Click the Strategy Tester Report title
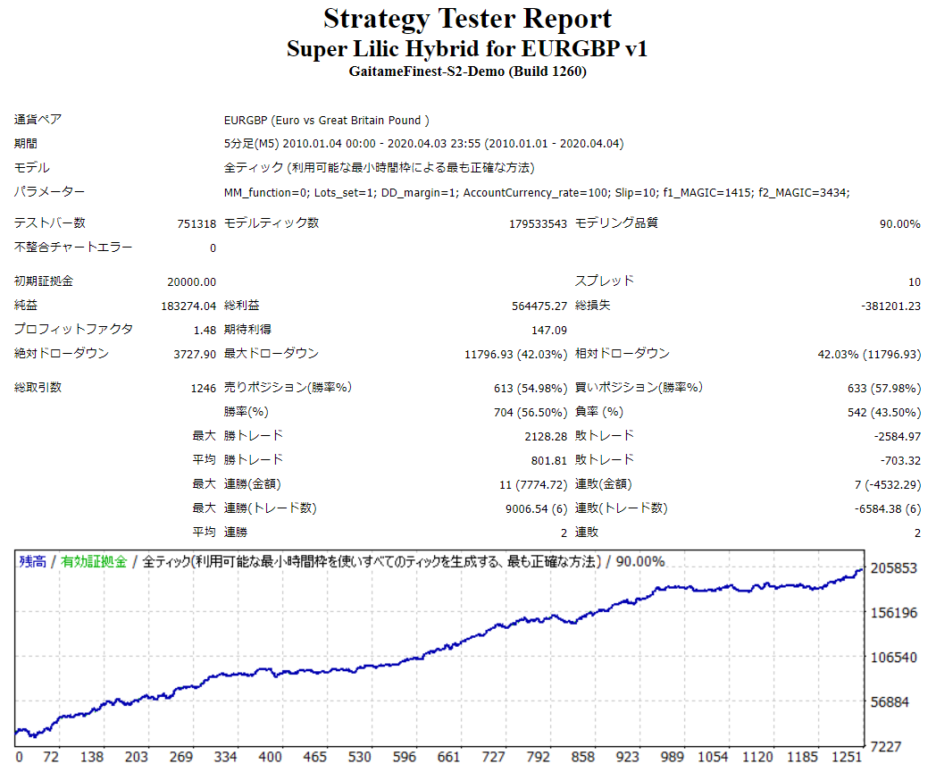(x=467, y=19)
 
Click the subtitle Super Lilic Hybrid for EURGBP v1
(x=467, y=48)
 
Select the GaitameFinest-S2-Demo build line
(x=467, y=72)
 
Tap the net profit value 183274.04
(x=188, y=306)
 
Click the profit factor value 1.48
(x=205, y=330)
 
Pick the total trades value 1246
(x=203, y=389)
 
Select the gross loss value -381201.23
(x=890, y=306)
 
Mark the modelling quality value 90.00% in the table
(x=899, y=224)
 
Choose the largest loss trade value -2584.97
(x=897, y=436)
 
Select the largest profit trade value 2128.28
(x=546, y=436)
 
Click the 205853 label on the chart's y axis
(x=895, y=568)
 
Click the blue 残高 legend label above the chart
(x=33, y=561)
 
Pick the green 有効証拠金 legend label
(x=94, y=561)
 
